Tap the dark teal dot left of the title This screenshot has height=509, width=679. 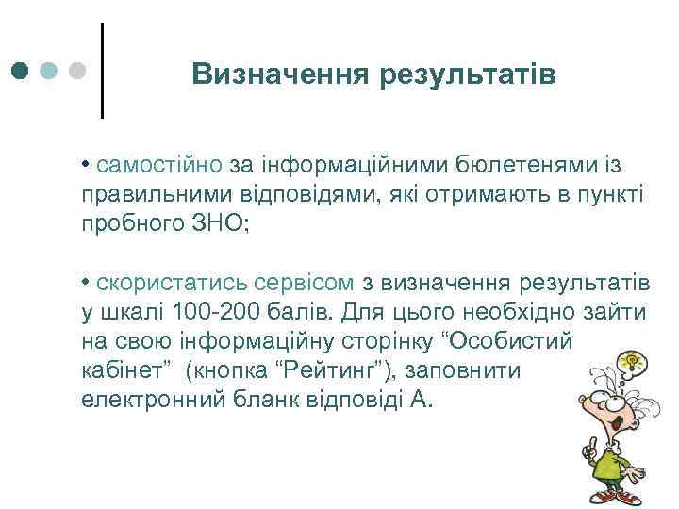coord(20,71)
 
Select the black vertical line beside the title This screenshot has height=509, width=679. coord(101,70)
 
